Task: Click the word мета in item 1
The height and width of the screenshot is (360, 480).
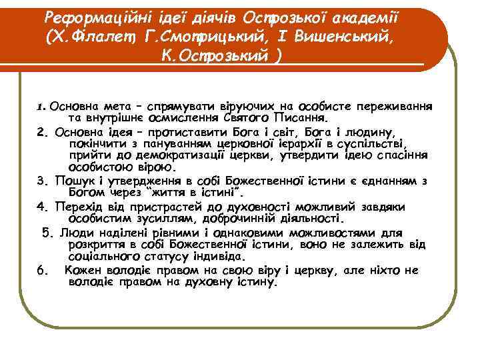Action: (117, 105)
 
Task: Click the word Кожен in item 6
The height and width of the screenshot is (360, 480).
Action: (82, 269)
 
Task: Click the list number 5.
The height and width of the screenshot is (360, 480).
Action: (46, 232)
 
